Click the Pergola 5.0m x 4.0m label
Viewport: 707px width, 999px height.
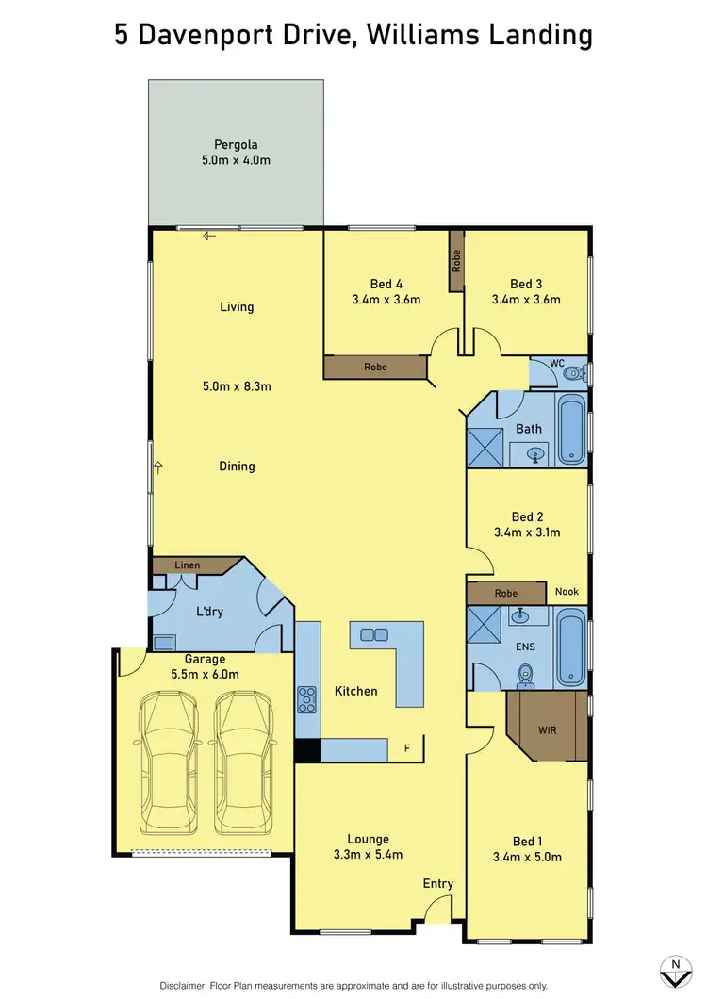point(236,153)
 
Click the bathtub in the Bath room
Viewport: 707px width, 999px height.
point(571,431)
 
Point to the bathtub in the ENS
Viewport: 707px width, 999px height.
point(571,648)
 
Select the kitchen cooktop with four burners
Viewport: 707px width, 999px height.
point(307,698)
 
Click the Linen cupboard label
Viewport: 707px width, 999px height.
point(188,565)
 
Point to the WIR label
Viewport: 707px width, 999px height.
point(547,730)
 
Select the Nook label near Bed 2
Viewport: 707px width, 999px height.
point(567,592)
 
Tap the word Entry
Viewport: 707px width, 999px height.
point(438,883)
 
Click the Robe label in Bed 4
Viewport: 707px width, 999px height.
point(375,367)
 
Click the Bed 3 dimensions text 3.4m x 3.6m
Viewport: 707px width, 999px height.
point(526,300)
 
